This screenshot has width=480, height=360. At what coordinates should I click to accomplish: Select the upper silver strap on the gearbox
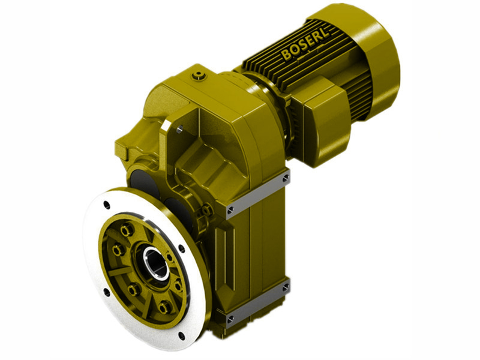click(258, 192)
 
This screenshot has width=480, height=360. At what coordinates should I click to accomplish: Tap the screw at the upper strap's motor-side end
click(286, 178)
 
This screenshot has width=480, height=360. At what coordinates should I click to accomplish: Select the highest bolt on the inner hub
click(125, 229)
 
